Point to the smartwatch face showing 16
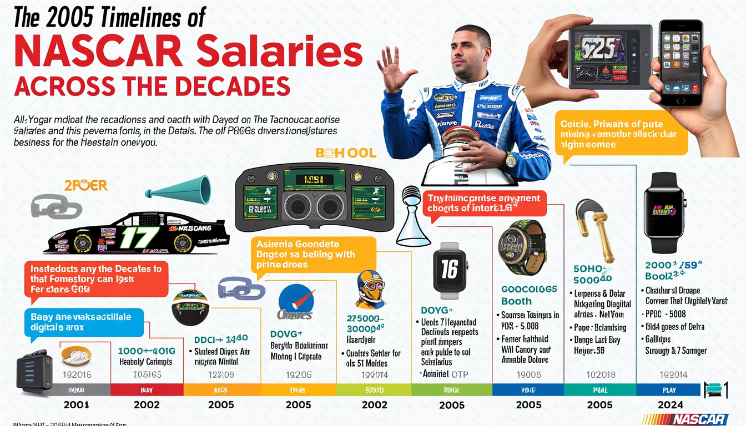(x=448, y=271)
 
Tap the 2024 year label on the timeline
(x=670, y=405)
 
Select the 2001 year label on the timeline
(x=76, y=405)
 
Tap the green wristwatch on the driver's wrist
(x=509, y=160)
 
